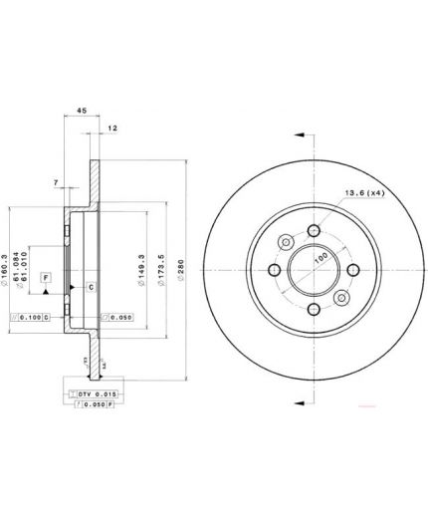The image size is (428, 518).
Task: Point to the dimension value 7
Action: pos(57,182)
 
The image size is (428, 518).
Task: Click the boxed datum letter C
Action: pos(91,287)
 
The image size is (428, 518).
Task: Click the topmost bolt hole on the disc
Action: pos(314,231)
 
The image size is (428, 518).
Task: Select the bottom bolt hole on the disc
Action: pos(314,310)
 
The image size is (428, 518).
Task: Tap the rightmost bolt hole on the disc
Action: pos(352,270)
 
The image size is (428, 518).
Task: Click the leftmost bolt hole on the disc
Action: pos(275,270)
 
